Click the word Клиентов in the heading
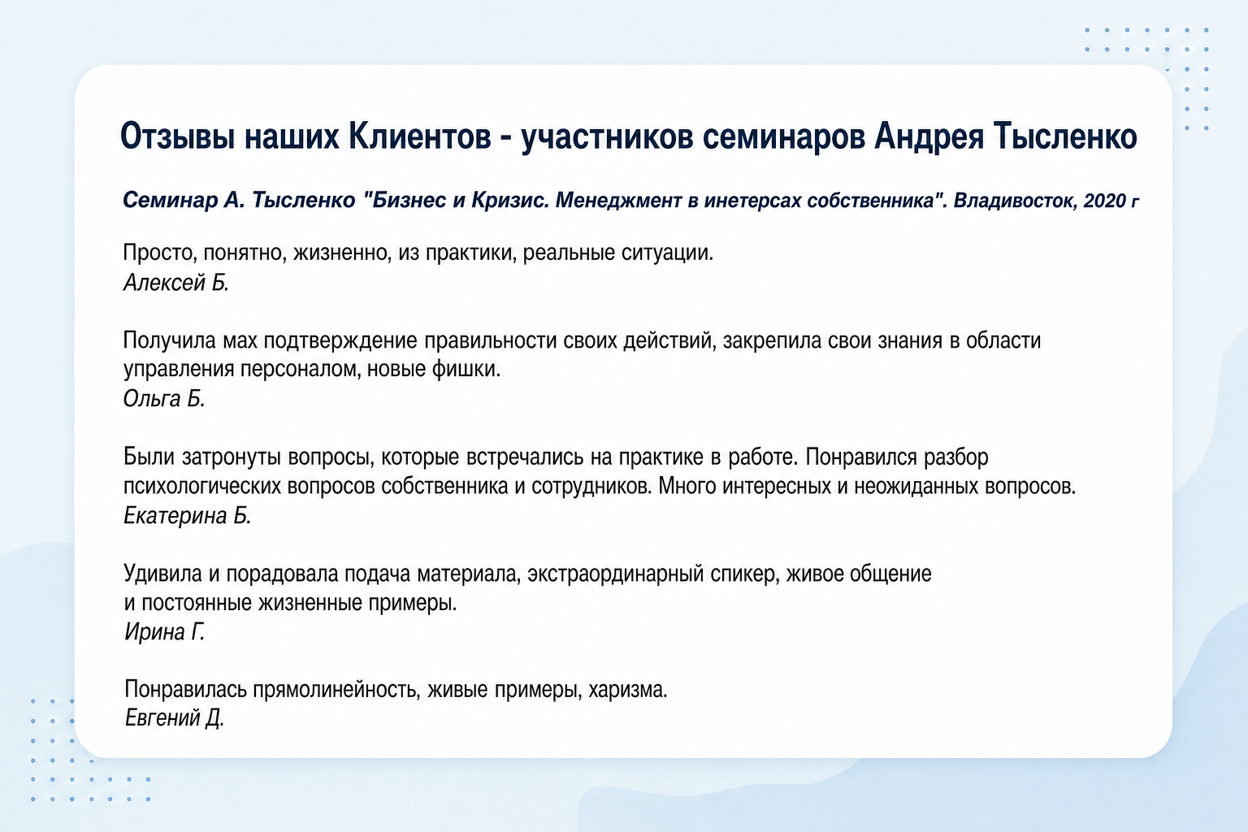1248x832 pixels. pos(419,136)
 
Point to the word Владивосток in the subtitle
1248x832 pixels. pos(1014,201)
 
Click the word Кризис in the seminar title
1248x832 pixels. pos(509,201)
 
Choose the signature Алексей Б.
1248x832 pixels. pos(176,283)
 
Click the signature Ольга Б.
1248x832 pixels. pos(164,399)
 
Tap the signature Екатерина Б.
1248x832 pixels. pos(187,515)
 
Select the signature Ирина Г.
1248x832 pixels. pos(164,632)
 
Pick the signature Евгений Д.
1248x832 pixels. pos(174,717)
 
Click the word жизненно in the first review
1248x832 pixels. pos(342,253)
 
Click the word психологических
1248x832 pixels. pos(201,487)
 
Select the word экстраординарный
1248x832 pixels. pos(616,574)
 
